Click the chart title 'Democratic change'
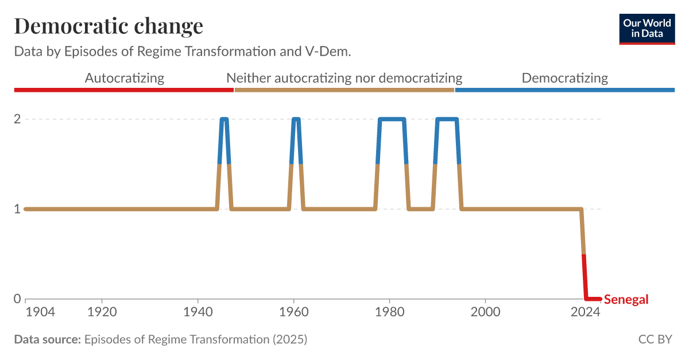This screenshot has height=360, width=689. tap(109, 26)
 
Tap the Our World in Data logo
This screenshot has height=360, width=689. tap(647, 29)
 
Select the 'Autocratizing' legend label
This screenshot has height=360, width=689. tap(124, 78)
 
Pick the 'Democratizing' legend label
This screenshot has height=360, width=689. tap(564, 78)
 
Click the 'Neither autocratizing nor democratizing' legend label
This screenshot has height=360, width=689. tap(344, 78)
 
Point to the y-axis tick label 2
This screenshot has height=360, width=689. tap(17, 119)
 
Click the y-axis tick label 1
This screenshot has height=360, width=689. tap(17, 209)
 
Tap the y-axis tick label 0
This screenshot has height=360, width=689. tap(17, 299)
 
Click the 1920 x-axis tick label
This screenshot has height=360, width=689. tap(102, 313)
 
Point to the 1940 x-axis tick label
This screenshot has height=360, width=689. tap(198, 313)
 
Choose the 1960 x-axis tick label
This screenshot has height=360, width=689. tap(293, 313)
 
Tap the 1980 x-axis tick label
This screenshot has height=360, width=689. tap(389, 313)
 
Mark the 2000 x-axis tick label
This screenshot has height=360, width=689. tap(485, 313)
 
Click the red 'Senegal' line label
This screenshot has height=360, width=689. tap(626, 300)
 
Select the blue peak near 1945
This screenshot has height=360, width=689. tap(224, 119)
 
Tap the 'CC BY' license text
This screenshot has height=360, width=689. tap(655, 339)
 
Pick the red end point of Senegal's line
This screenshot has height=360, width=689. tap(599, 299)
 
